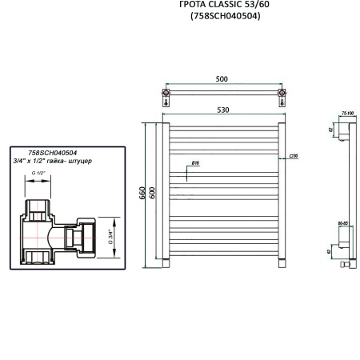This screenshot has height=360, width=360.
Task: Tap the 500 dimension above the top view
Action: (222, 78)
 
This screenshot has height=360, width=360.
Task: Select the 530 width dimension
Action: (222, 110)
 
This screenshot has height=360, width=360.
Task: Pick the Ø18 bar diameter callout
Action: (195, 164)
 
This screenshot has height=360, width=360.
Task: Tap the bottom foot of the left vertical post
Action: (166, 263)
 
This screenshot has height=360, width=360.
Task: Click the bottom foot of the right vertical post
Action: (281, 263)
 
